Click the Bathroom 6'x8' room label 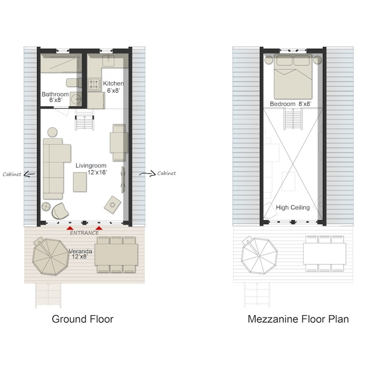coord(55,97)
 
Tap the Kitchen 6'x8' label coord(113,87)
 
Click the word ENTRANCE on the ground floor coord(84,233)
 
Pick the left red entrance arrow coord(69,228)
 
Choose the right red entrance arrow coord(99,228)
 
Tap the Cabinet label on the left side coord(11,174)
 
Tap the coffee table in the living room coord(83,181)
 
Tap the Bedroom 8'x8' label coord(291,104)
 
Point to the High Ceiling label coord(293,207)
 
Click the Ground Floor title coord(83,319)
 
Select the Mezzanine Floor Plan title coord(298,319)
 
